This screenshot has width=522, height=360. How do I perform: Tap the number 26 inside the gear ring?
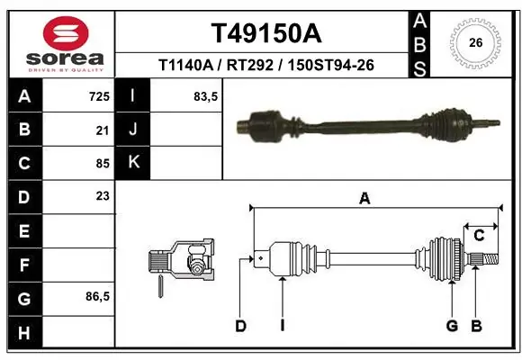tap(475, 41)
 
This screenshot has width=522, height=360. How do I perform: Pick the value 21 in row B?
tap(102, 130)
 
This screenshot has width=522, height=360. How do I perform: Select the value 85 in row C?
tap(102, 164)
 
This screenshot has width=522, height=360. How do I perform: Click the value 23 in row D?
tap(102, 196)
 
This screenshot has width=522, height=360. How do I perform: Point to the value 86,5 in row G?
tap(96, 296)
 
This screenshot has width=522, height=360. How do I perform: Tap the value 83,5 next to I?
tap(206, 96)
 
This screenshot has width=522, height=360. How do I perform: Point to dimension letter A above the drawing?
tap(364, 200)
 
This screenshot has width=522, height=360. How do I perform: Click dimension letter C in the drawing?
tap(480, 235)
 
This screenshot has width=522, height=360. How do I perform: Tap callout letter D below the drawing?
tap(240, 326)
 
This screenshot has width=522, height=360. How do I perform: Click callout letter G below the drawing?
tap(452, 326)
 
